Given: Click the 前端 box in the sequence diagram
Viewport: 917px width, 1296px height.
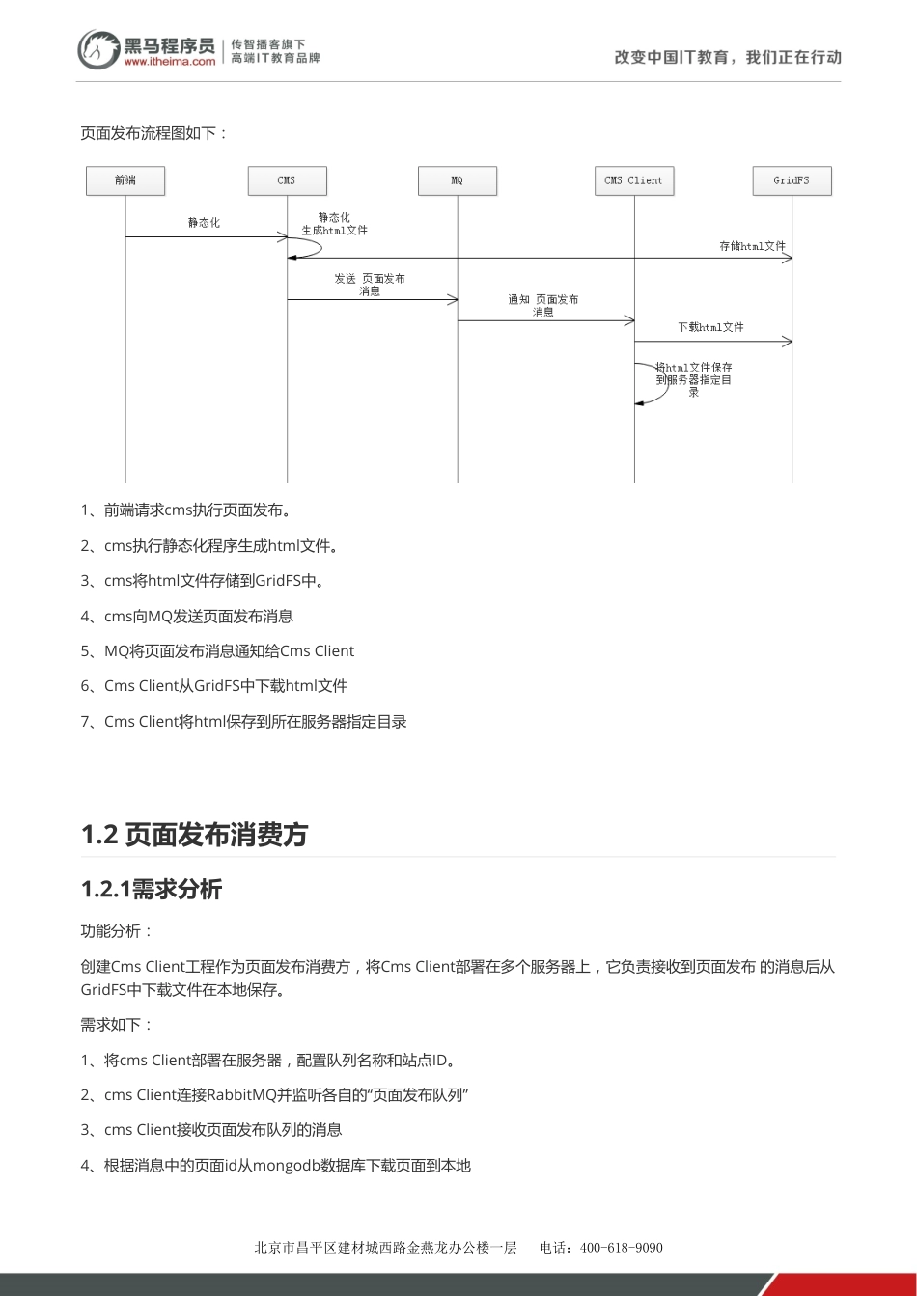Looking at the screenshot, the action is [125, 180].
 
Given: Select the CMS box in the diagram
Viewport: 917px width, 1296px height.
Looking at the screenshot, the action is [287, 180].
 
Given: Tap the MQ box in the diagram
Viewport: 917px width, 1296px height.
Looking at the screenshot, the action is [457, 180].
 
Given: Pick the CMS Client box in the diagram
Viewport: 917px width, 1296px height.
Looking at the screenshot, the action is [633, 180].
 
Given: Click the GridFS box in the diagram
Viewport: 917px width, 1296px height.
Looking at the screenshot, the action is [792, 180].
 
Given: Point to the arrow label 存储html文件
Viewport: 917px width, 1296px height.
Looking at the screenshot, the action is [752, 247].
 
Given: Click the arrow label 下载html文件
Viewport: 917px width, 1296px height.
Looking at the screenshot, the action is [710, 327].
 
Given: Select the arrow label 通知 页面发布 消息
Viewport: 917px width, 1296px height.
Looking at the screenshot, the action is [543, 305].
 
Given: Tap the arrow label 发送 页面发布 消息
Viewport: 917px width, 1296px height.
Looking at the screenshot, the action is [370, 285].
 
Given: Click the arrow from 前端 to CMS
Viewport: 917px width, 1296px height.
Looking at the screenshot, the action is [205, 236].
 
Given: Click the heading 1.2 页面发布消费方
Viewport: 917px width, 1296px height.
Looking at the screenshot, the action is [194, 834].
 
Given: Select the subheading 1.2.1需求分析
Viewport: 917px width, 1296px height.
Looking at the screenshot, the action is [152, 889].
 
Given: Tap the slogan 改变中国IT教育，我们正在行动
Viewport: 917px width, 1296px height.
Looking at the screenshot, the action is [728, 57].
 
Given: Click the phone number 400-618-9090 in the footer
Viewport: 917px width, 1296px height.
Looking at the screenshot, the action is [621, 1247].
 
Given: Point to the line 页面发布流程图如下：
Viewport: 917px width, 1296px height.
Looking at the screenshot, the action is [154, 133].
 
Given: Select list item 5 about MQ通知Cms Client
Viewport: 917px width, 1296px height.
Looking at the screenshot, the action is [218, 651].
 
